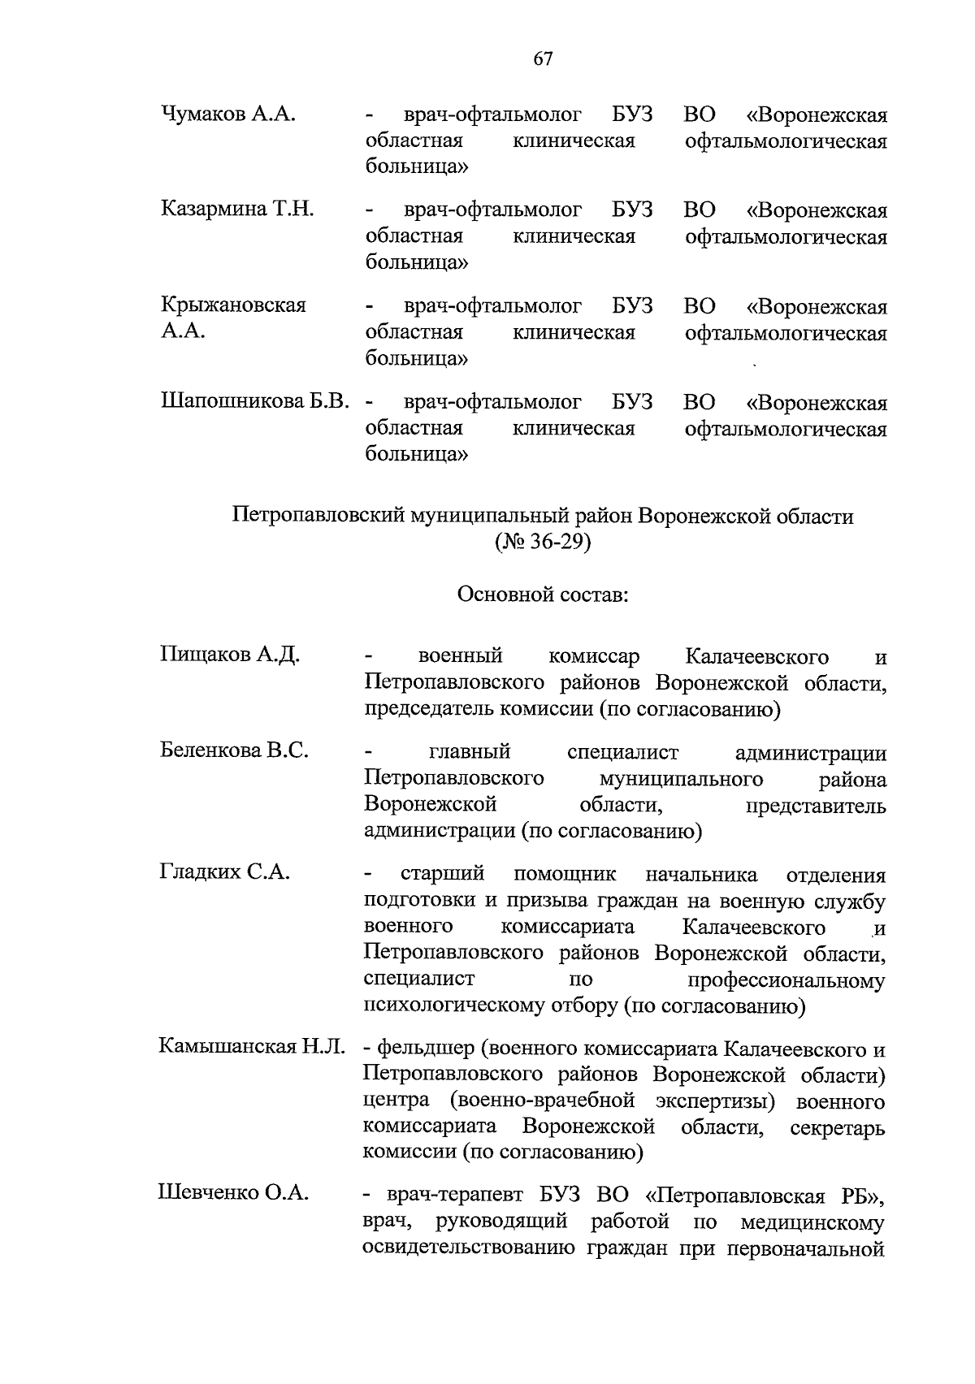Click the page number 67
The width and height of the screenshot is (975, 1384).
click(x=544, y=58)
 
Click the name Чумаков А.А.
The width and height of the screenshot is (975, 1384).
click(x=227, y=114)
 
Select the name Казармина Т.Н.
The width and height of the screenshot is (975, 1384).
click(x=237, y=209)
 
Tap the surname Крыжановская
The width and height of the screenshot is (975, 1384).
click(x=233, y=305)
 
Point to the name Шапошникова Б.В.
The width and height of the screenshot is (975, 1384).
click(x=255, y=401)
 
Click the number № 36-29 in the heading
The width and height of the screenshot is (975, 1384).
click(x=543, y=542)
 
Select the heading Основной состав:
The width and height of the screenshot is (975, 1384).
click(x=543, y=595)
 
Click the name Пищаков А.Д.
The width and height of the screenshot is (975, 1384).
click(x=230, y=655)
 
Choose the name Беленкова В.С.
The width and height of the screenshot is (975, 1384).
click(x=234, y=750)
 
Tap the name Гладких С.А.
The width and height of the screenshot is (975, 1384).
click(x=224, y=872)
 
